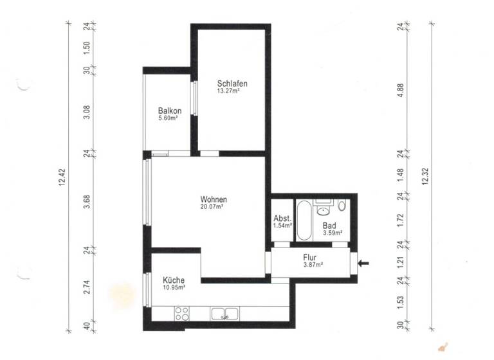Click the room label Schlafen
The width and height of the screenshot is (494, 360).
click(232, 84)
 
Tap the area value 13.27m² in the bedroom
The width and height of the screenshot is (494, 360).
click(228, 91)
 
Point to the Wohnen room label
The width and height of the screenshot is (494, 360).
click(213, 199)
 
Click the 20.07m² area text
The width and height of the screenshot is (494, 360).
click(212, 207)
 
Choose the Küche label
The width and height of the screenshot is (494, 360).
click(174, 280)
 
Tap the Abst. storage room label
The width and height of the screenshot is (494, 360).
click(282, 218)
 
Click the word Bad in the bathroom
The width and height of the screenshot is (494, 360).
click(329, 226)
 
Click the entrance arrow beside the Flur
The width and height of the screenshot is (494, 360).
click(364, 262)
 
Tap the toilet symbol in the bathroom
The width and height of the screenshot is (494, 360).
click(342, 206)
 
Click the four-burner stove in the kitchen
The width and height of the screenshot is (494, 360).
click(181, 314)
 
